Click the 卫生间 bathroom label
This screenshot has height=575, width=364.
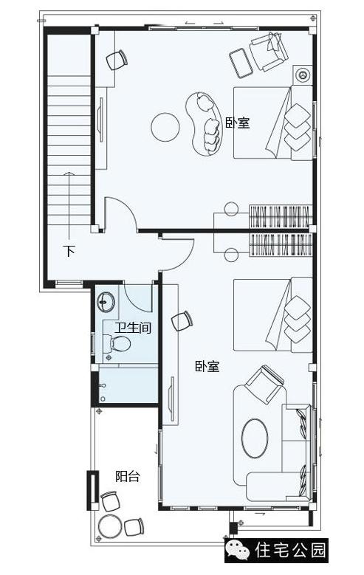[133, 327]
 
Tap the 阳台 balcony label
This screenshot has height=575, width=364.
[127, 476]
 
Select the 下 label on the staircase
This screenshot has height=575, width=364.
[69, 251]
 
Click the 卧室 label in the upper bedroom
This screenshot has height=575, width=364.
[238, 123]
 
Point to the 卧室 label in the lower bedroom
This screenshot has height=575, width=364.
[207, 366]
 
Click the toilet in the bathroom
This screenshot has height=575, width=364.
[118, 343]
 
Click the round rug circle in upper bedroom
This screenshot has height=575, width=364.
[165, 127]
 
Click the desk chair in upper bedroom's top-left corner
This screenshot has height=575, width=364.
[116, 60]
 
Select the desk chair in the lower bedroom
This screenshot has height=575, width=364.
[182, 320]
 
